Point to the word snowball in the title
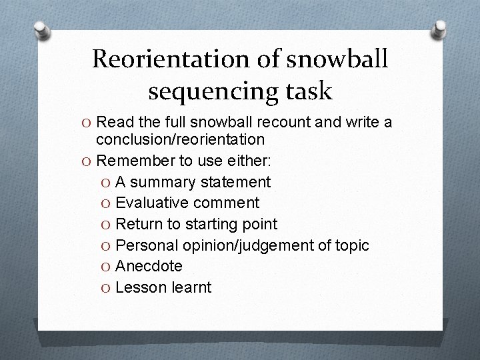click(337, 59)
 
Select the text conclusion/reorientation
click(180, 140)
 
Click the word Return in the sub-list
click(137, 224)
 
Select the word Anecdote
click(149, 266)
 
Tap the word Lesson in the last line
click(139, 287)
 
